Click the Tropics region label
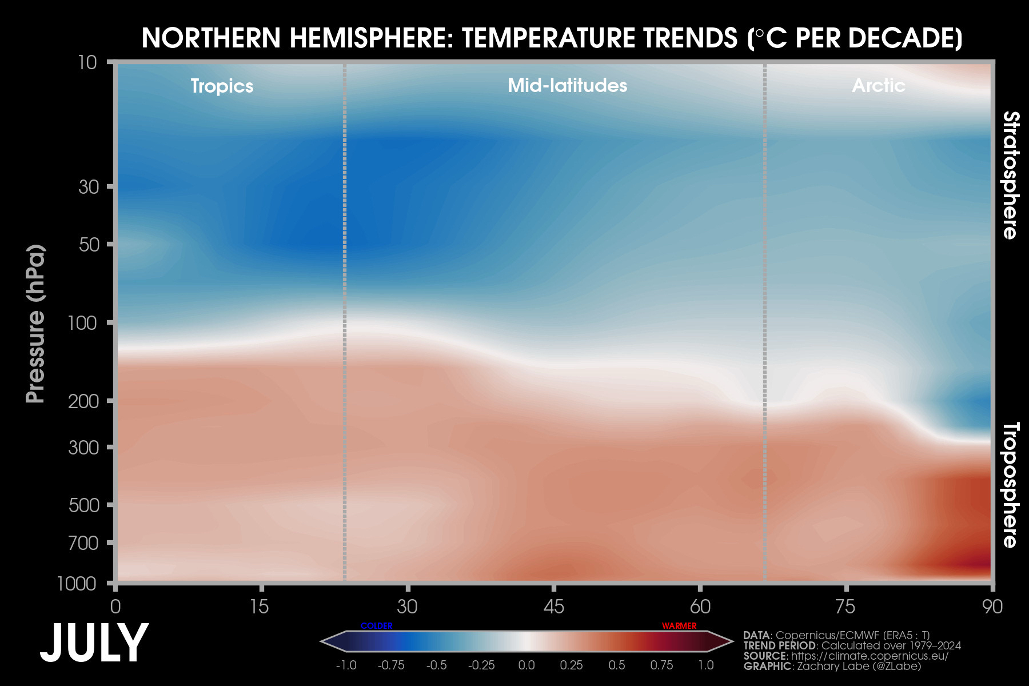[222, 86]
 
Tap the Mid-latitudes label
[567, 85]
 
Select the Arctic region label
[878, 85]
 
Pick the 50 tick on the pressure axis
[89, 245]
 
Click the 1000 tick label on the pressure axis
[77, 584]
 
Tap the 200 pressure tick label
[83, 401]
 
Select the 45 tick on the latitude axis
[553, 606]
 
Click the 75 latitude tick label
[845, 606]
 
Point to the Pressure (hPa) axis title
[35, 324]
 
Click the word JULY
[94, 644]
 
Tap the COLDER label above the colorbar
[376, 626]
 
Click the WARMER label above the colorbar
[679, 626]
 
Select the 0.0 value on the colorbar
[527, 665]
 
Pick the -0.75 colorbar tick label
[391, 665]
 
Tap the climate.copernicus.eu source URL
[870, 656]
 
